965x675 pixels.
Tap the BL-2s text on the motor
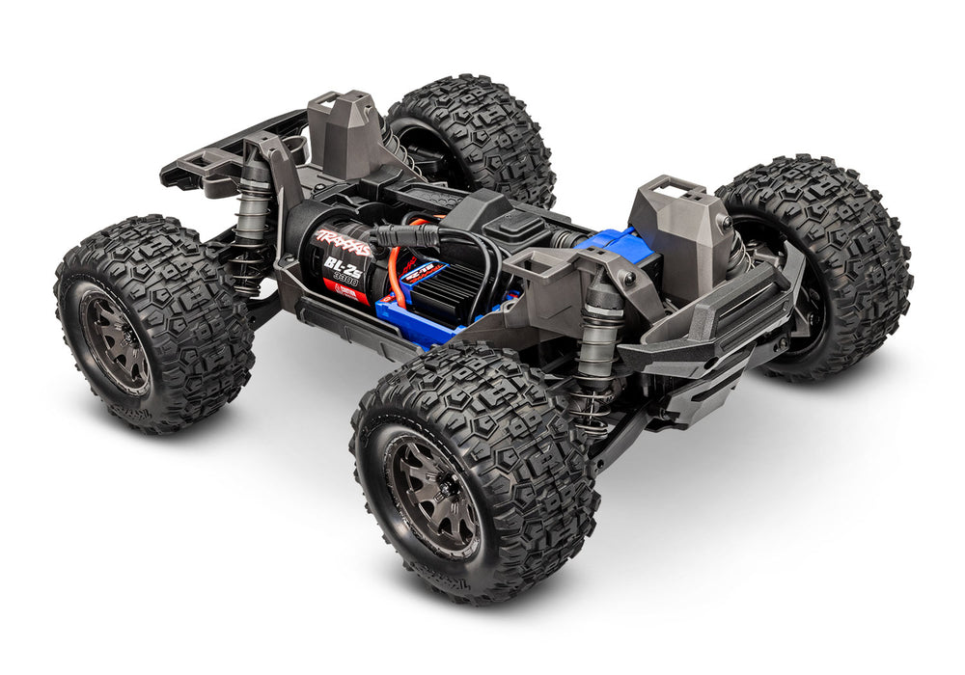coord(337,265)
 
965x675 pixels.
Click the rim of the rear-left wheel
coord(116,337)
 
